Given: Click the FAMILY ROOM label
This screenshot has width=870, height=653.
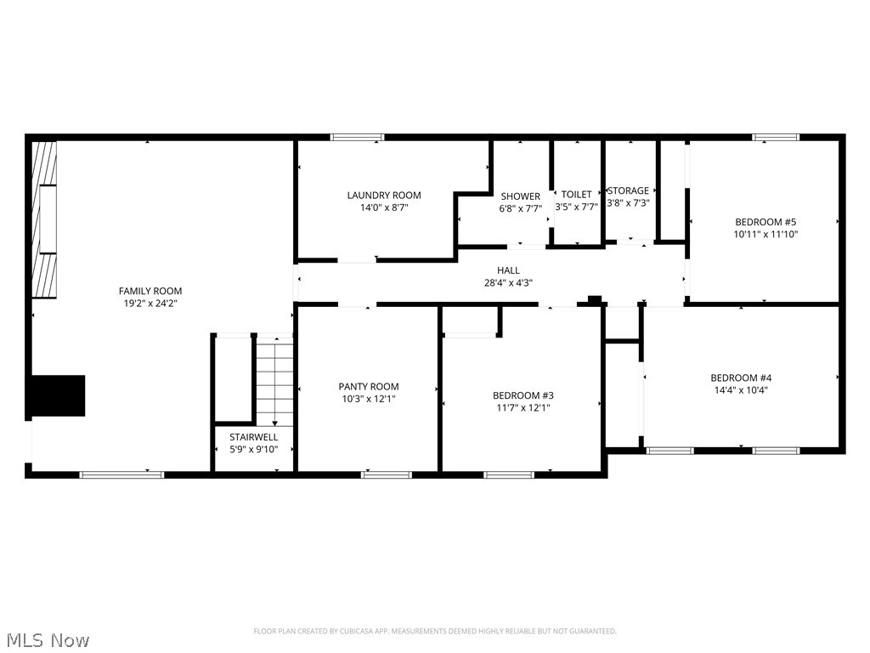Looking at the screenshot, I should (150, 291).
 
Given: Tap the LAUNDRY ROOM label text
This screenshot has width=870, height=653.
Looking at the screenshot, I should (383, 195).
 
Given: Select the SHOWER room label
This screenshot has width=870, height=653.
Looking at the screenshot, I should (520, 196).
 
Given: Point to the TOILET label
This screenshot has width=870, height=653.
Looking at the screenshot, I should (576, 195).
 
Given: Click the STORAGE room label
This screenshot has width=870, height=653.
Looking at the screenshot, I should (628, 191).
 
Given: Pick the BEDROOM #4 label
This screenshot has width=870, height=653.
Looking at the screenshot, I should (741, 378).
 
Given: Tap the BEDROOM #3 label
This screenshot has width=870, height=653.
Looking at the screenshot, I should (523, 395).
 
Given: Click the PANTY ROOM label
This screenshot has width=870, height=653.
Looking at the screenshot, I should (368, 387).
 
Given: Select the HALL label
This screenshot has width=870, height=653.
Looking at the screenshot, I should (508, 270).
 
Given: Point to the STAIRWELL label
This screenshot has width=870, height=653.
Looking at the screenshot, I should (253, 437).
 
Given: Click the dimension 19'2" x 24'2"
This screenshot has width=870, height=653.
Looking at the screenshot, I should (150, 303).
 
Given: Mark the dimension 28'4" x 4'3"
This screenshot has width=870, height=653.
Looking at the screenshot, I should (508, 283).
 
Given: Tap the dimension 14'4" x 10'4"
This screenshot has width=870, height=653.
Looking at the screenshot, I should (741, 390).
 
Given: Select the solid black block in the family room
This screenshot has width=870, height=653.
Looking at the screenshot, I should (59, 395).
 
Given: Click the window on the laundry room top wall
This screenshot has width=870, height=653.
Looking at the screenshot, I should (357, 137).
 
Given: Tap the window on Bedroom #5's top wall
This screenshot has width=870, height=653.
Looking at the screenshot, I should (776, 137).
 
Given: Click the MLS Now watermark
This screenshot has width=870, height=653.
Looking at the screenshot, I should (47, 639).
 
